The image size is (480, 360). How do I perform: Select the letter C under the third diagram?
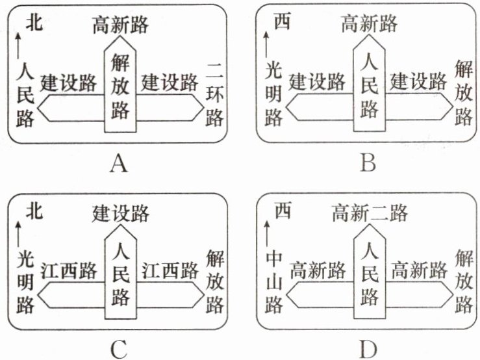(118, 350)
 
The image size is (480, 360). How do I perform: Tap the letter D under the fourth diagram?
(368, 350)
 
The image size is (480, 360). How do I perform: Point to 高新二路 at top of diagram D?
(368, 212)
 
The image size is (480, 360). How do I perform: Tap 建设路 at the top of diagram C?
(121, 212)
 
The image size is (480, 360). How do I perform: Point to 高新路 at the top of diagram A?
(120, 25)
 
